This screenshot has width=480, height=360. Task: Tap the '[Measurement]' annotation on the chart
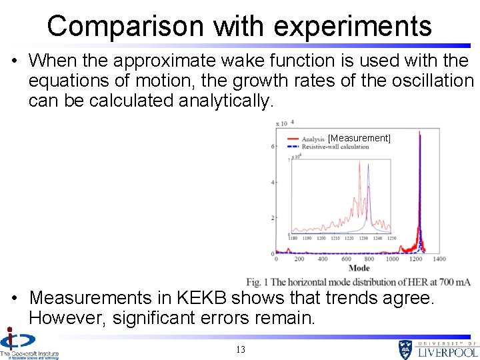[x=359, y=138]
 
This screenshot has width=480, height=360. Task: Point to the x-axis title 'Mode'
[x=359, y=268]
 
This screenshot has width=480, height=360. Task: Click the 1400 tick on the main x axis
[x=439, y=259]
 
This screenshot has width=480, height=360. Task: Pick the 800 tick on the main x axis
[x=369, y=259]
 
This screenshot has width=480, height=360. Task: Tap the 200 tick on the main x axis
[x=299, y=259]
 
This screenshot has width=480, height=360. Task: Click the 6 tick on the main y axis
[x=273, y=146]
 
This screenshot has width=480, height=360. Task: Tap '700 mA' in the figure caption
[x=455, y=282]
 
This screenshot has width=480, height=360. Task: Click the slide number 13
[x=241, y=349]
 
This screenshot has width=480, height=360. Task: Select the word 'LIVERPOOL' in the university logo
[x=448, y=351]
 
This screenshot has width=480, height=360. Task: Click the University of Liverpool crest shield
[x=406, y=349]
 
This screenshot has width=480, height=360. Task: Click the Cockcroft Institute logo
[x=27, y=343]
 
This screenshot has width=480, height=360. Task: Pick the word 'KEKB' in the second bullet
[x=201, y=297]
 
